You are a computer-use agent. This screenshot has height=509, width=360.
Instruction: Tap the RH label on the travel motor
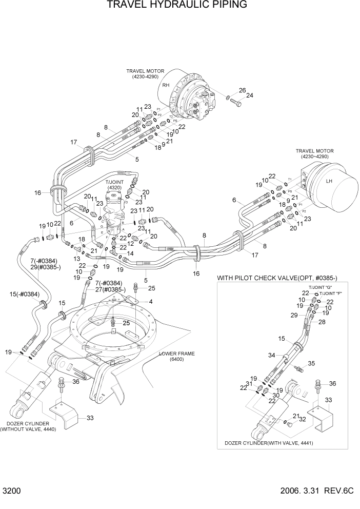pos(166,85)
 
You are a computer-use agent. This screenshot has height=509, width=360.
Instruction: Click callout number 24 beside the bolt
pos(250,95)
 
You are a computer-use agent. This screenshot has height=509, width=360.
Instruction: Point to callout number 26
pos(243,90)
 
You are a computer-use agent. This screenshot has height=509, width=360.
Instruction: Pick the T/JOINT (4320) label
pos(114,185)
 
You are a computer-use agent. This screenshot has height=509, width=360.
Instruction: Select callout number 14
pos(131,253)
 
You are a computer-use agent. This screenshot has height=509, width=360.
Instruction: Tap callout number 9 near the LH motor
pos(288,200)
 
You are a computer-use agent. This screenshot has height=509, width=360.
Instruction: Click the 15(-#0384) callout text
pos(25,293)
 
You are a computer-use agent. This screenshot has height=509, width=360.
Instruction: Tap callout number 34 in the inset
pos(272,355)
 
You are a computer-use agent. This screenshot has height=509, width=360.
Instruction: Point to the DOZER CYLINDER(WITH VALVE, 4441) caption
pos(269,442)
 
